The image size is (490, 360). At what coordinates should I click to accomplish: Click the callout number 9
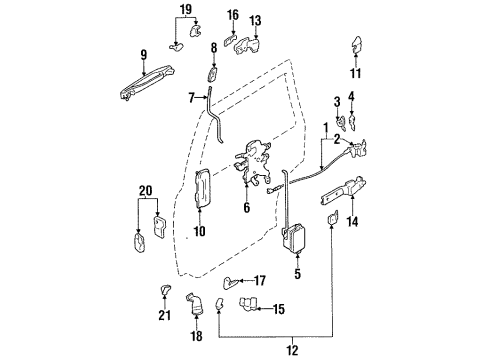[144, 55]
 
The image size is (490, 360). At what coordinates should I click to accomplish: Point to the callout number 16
[233, 15]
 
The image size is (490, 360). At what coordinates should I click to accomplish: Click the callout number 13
[255, 20]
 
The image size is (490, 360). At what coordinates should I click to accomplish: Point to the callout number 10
[198, 232]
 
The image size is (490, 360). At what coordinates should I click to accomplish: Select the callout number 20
[145, 190]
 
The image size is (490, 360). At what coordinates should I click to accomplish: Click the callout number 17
[259, 281]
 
